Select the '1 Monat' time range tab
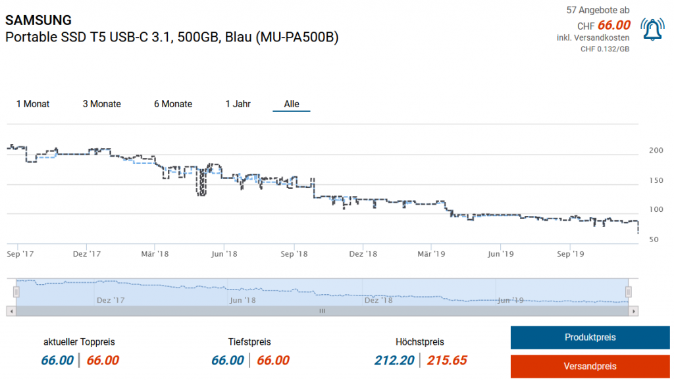tap(33, 104)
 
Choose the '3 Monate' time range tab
tap(101, 104)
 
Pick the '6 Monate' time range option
tap(173, 104)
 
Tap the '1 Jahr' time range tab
tap(238, 104)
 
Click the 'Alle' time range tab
tap(292, 104)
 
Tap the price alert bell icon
tap(652, 30)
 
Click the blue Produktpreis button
tap(590, 338)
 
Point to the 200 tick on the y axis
tap(656, 151)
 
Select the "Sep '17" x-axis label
tap(20, 253)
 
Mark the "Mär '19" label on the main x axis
tap(432, 253)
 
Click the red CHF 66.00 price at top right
tap(613, 26)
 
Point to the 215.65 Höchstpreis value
tap(447, 360)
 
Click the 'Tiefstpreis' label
tap(249, 342)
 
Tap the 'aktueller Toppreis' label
tap(79, 342)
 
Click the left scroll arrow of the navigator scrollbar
tap(11, 311)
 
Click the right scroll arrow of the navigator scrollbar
tap(633, 311)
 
